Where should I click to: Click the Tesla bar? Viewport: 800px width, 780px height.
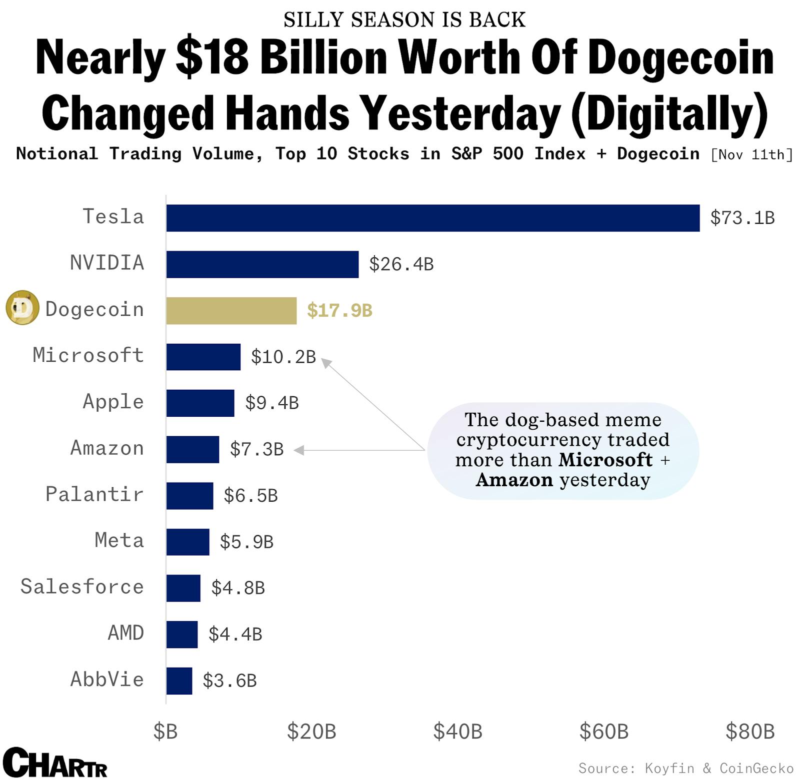click(432, 218)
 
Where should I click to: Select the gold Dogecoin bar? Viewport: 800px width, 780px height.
click(231, 310)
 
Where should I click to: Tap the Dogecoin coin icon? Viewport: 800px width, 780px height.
click(22, 308)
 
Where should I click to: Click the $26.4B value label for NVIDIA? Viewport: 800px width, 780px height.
click(401, 264)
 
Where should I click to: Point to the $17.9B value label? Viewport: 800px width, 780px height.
click(339, 310)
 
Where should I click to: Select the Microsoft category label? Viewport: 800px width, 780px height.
click(88, 355)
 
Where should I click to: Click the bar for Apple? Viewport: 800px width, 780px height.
click(200, 403)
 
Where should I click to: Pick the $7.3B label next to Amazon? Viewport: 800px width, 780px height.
click(256, 449)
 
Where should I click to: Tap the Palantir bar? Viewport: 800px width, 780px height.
click(189, 496)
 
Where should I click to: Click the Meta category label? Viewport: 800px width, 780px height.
click(119, 541)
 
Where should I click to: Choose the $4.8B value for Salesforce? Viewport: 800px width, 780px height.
click(238, 588)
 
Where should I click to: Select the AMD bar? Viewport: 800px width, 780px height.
click(182, 634)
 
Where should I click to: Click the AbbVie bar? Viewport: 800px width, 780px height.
click(179, 681)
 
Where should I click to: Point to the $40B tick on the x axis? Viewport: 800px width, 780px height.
click(457, 732)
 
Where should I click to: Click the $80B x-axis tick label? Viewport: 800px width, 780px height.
click(749, 732)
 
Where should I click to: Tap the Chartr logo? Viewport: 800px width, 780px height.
click(55, 763)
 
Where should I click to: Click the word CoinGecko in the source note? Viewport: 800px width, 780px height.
click(756, 768)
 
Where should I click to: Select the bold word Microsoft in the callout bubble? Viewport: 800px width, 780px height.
click(605, 460)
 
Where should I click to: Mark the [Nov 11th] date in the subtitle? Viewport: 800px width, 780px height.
click(751, 154)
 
